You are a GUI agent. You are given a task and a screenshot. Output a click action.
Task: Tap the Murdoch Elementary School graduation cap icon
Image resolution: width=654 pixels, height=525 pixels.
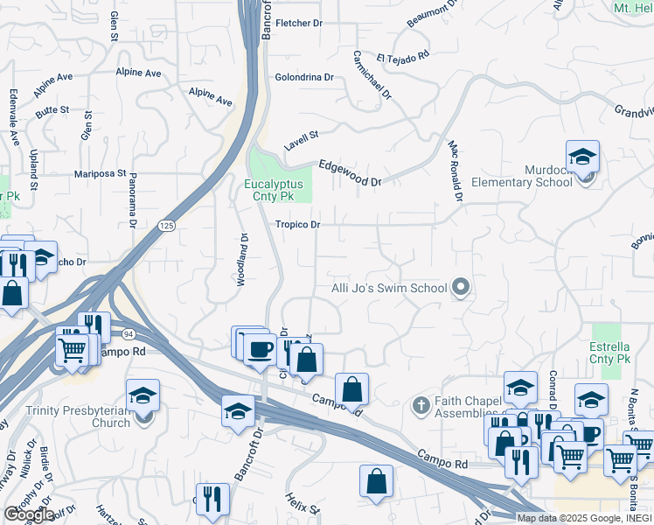[x=582, y=157]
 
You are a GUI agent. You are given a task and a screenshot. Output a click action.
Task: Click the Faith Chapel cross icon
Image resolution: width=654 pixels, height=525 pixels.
[x=421, y=406]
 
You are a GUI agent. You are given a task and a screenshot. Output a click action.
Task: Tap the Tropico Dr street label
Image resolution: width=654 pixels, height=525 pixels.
[x=298, y=225]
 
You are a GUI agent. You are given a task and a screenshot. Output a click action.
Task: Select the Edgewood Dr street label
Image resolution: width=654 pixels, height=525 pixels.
[x=350, y=172]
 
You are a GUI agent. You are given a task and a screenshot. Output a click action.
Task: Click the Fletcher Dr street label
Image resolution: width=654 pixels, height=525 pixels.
[x=300, y=23]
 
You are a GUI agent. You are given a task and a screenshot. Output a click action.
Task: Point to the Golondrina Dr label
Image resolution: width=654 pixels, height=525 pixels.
[x=304, y=77]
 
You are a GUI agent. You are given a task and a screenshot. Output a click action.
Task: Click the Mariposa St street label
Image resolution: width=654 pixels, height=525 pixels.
[x=101, y=173]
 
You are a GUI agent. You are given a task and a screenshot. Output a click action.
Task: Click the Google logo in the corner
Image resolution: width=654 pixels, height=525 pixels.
[x=28, y=514]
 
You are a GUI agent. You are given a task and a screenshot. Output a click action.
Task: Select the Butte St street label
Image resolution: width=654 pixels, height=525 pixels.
[x=52, y=110]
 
